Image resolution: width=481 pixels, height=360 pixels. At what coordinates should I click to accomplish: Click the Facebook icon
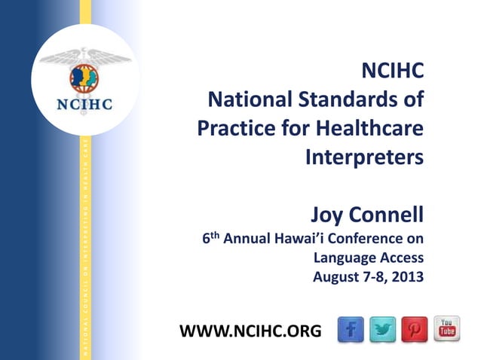(x=351, y=329)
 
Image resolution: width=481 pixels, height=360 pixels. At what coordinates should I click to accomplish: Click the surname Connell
(x=388, y=216)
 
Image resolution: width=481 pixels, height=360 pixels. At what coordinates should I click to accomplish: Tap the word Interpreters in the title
(x=364, y=157)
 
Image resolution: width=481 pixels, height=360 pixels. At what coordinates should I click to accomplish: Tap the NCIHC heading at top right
(x=393, y=71)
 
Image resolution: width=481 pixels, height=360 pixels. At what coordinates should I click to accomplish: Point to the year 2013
(x=407, y=276)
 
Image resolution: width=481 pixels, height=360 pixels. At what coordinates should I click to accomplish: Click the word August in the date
(x=337, y=276)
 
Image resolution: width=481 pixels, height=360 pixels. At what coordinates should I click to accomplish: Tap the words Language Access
(x=368, y=258)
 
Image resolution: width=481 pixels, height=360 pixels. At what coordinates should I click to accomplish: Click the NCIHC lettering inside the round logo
(x=85, y=105)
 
